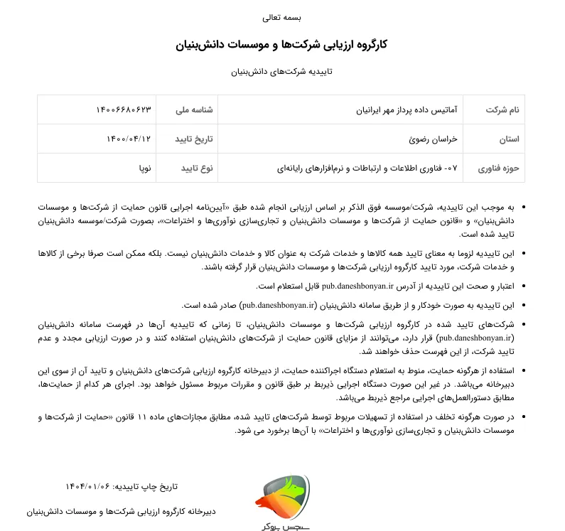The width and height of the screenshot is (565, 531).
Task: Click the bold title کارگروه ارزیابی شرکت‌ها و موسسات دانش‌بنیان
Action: [x=281, y=45]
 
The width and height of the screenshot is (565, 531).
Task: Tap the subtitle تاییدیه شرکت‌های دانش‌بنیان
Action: [x=282, y=72]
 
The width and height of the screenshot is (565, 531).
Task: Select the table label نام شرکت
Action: [x=502, y=110]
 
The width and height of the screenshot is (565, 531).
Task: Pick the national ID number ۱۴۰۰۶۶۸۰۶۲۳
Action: [x=124, y=110]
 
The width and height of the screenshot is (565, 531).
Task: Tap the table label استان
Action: [x=508, y=139]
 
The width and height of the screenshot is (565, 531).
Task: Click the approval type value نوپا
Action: [x=144, y=168]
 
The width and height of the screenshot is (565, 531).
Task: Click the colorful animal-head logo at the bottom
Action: [x=282, y=495]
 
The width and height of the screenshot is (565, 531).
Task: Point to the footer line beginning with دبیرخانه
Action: [x=122, y=511]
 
